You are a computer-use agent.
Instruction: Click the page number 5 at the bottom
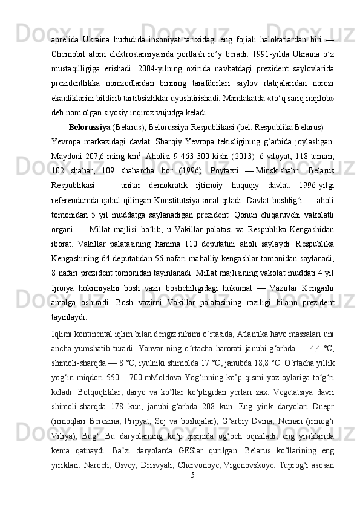click(192, 493)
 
